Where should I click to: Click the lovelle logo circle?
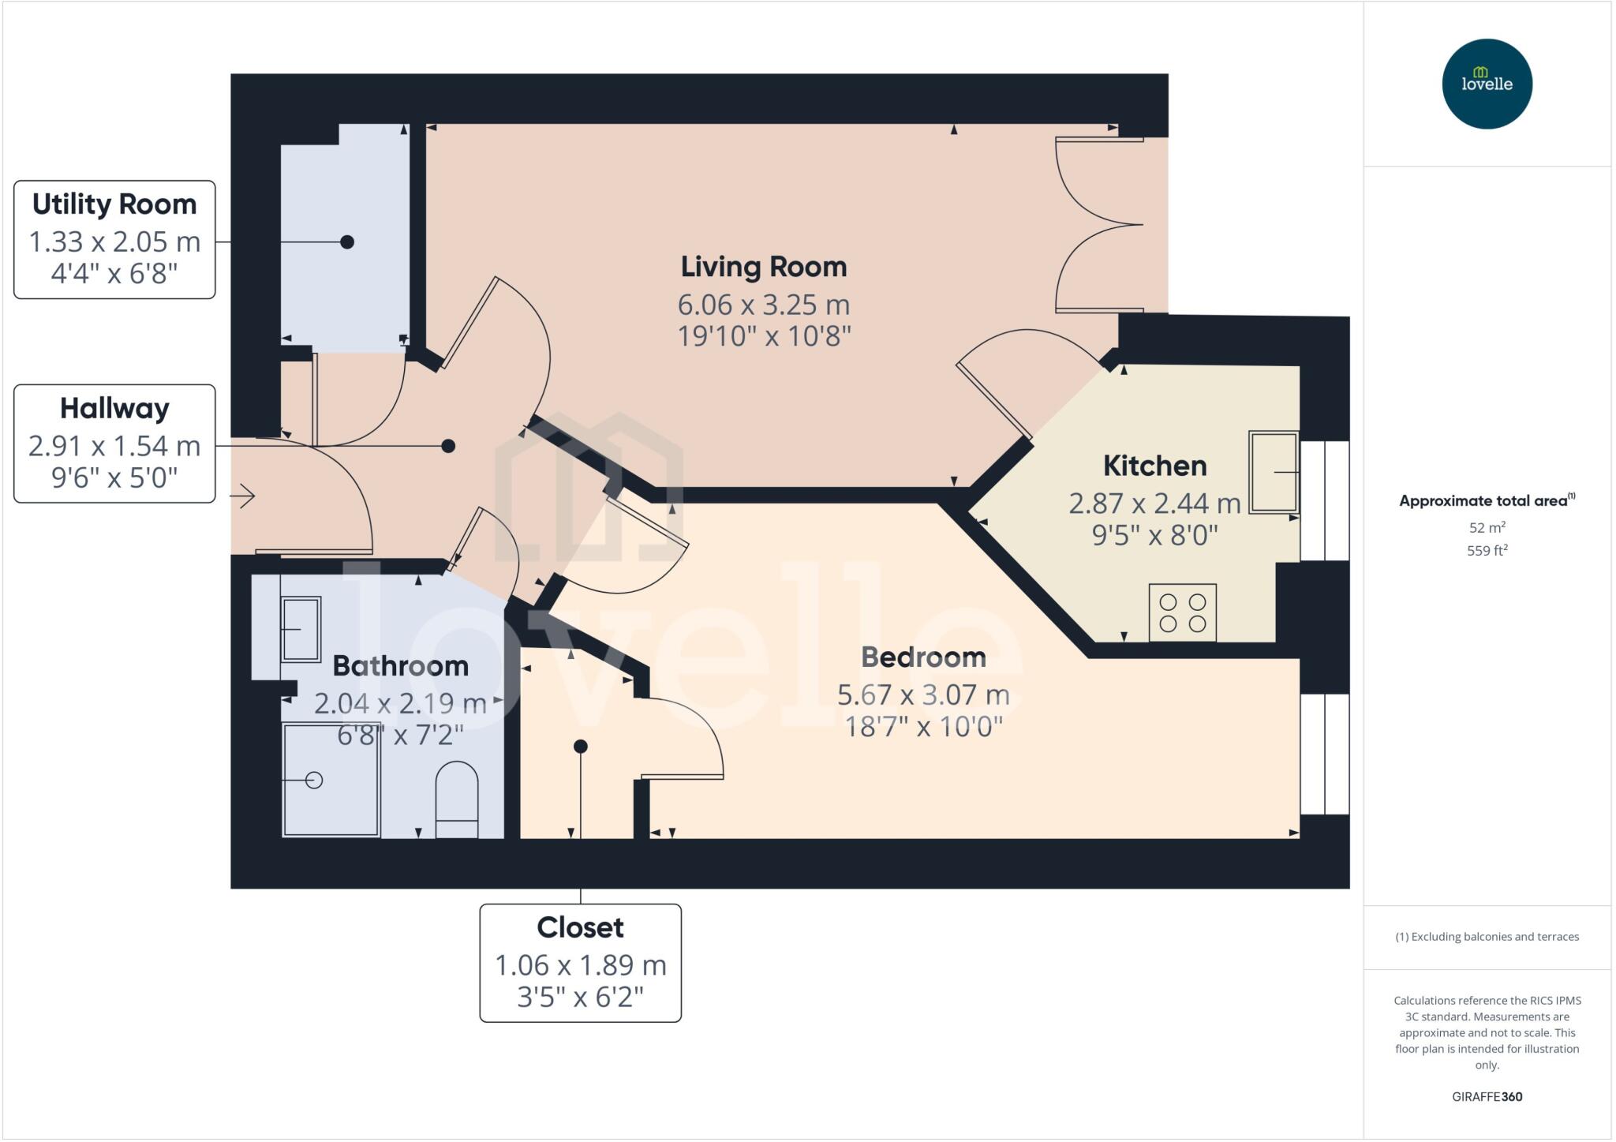tap(1487, 84)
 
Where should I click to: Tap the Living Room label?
tap(763, 267)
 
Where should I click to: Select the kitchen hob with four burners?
tap(1182, 612)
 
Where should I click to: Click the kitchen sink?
tap(1273, 472)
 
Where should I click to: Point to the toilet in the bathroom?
tap(457, 798)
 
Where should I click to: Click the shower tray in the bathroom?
tap(331, 780)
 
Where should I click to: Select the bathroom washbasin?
tap(301, 629)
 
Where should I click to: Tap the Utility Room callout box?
tap(114, 239)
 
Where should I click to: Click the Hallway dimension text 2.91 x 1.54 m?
tap(114, 447)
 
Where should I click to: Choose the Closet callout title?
tap(580, 927)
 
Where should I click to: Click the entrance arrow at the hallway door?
tap(245, 496)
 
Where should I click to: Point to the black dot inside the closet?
tap(580, 746)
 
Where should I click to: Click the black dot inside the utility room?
tap(346, 242)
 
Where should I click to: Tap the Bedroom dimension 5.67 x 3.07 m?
tap(922, 695)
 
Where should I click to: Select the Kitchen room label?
tap(1154, 466)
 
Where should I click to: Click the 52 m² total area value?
tap(1487, 527)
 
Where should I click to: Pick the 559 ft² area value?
tap(1487, 551)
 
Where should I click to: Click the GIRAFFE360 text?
tap(1487, 1096)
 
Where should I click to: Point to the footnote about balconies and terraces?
tap(1487, 937)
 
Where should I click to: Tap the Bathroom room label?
tap(400, 666)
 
